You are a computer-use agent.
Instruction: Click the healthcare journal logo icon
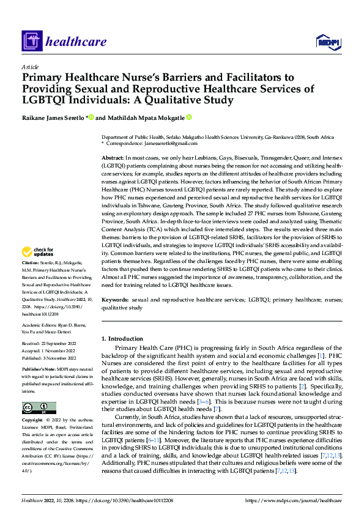click(x=31, y=42)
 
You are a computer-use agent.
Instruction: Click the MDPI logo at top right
click(x=327, y=42)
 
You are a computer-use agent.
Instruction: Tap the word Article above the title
click(x=30, y=67)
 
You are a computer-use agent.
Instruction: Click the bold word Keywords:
click(x=115, y=300)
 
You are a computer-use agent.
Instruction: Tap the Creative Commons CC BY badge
click(x=39, y=408)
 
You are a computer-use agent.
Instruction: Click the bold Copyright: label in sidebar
click(x=34, y=421)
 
